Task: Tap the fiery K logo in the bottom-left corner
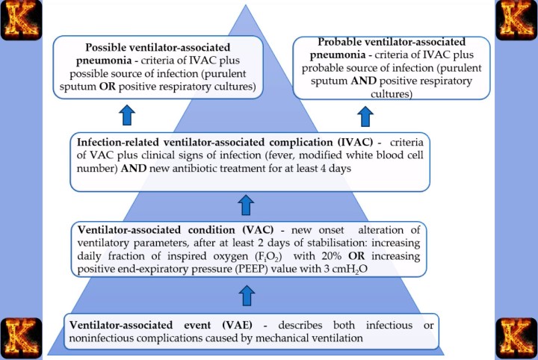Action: (21, 337)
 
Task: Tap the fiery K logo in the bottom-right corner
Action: (517, 337)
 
